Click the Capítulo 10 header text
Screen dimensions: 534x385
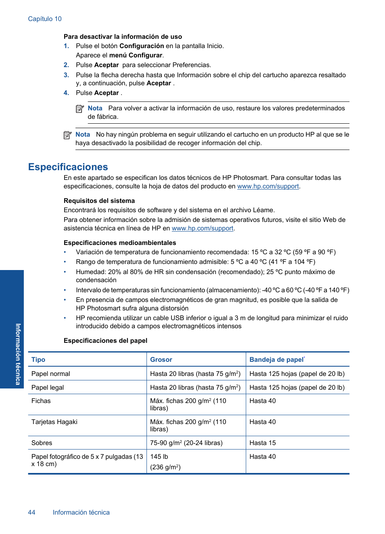click(x=45, y=19)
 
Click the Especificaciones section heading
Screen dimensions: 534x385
click(x=68, y=167)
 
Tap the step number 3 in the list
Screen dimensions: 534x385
click(x=66, y=75)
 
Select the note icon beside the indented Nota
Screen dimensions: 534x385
click(x=80, y=109)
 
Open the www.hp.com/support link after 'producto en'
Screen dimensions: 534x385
click(x=268, y=186)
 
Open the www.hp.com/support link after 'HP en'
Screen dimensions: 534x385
click(x=203, y=228)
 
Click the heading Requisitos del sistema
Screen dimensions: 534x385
click(x=99, y=201)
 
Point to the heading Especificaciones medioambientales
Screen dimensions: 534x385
click(x=120, y=243)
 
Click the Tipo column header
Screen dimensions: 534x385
click(x=38, y=360)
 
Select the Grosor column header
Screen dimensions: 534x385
click(x=161, y=360)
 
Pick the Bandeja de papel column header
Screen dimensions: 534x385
click(x=277, y=360)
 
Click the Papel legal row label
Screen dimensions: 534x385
click(x=48, y=388)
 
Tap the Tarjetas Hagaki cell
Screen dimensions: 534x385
click(x=54, y=422)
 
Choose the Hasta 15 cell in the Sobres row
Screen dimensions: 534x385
click(x=263, y=443)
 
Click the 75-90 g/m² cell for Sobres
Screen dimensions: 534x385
click(x=186, y=443)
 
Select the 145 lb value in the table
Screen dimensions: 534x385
click(x=159, y=457)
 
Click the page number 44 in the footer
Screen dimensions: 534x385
click(x=31, y=513)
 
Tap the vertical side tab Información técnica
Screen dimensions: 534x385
click(x=18, y=354)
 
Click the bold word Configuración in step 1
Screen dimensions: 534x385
click(x=142, y=46)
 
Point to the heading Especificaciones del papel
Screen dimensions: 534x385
click(x=105, y=341)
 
